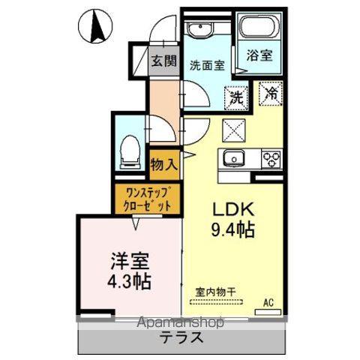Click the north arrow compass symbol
pos(95,26)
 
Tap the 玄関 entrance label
pos(164,61)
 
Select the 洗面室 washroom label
pos(207,65)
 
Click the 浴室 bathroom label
pos(259,55)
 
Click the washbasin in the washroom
pos(200,29)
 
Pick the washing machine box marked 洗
pos(236,97)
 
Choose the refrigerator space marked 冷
pos(271,94)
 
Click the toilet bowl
pos(129,152)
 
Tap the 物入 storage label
pos(164,165)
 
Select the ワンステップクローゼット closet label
pos(148,199)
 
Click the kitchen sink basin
pos(234,158)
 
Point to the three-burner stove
pos(271,159)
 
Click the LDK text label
pos(233,209)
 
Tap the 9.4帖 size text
pos(233,229)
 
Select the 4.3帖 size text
pos(129,281)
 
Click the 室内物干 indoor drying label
pos(216,292)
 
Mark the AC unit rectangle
pos(268,312)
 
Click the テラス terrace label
pos(181,337)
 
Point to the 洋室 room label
pos(130,261)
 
